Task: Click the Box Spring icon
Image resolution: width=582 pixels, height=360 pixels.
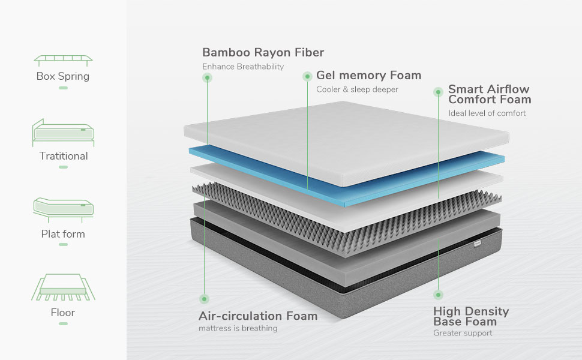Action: [x=63, y=60]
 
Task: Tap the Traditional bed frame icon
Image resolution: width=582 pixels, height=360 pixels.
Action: [x=63, y=133]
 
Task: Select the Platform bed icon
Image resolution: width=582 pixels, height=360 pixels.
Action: [x=63, y=209]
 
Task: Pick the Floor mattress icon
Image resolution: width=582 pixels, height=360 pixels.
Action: [x=63, y=287]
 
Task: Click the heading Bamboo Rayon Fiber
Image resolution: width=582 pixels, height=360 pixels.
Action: [x=263, y=52]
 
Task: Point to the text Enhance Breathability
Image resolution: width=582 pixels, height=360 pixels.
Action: [x=242, y=67]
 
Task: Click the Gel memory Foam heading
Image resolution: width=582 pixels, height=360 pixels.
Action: [x=368, y=76]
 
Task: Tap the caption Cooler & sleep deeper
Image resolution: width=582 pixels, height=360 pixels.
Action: [x=357, y=89]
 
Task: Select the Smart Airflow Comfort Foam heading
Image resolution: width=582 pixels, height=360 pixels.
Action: [x=489, y=94]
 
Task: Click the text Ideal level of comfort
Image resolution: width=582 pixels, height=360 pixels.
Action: [x=487, y=113]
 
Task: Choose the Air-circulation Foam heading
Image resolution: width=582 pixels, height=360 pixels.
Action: [x=258, y=316]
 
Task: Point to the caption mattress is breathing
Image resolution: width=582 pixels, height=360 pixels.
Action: [x=238, y=328]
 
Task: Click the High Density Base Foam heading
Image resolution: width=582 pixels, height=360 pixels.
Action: [x=470, y=316]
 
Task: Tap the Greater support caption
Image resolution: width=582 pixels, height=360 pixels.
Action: [x=463, y=333]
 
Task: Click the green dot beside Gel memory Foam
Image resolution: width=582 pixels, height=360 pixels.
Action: [x=307, y=76]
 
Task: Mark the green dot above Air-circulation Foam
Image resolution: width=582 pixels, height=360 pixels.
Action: [x=205, y=299]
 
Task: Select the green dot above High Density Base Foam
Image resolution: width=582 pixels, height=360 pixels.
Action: [x=439, y=295]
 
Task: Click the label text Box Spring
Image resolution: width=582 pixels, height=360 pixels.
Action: [x=63, y=76]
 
